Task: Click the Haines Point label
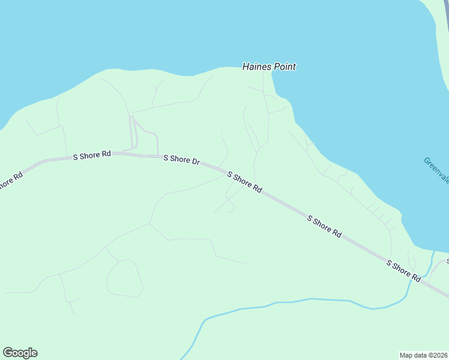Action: coord(269,67)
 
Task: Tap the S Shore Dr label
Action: coord(181,160)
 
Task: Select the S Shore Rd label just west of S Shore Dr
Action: coord(92,155)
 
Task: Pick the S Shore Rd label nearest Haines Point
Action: coord(244,182)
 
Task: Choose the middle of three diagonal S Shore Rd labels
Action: coord(324,227)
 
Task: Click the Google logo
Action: coord(20,353)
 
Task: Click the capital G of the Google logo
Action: coord(8,353)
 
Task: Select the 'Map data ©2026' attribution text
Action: coord(424,355)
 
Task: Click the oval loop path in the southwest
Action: coord(124,278)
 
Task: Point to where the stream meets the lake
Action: coord(433,252)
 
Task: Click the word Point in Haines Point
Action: coord(285,67)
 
